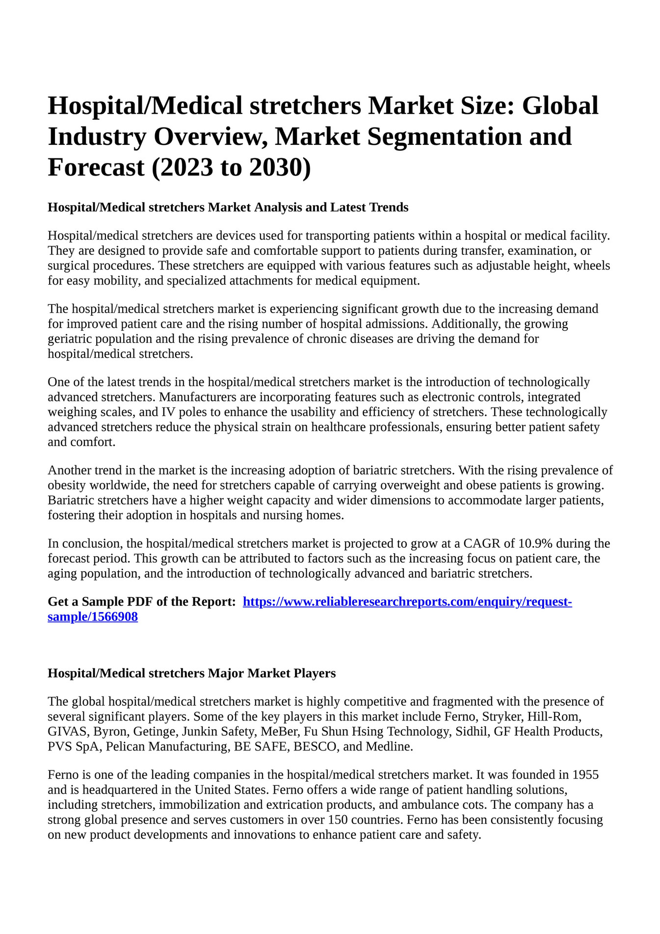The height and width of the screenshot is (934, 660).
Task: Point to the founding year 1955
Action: pyautogui.click(x=585, y=774)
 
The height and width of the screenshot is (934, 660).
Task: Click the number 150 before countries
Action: pyautogui.click(x=339, y=820)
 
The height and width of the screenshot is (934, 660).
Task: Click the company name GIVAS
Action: pyautogui.click(x=67, y=731)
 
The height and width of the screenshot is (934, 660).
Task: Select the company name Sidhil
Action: pyautogui.click(x=472, y=731)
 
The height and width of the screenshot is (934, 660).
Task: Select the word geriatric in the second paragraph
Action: pyautogui.click(x=69, y=339)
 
